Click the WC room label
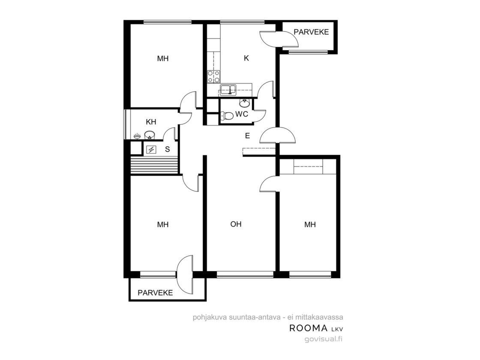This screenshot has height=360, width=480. pyautogui.click(x=242, y=114)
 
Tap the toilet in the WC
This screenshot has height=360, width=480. pyautogui.click(x=227, y=116)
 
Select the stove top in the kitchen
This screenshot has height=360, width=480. pyautogui.click(x=213, y=77)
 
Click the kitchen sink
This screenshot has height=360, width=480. pyautogui.click(x=228, y=90)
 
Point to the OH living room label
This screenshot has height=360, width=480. pyautogui.click(x=236, y=225)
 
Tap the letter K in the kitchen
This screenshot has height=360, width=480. pyautogui.click(x=246, y=58)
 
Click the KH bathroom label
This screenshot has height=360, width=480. pyautogui.click(x=151, y=122)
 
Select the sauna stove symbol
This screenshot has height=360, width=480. pyautogui.click(x=151, y=150)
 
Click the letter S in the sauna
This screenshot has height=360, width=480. pyautogui.click(x=167, y=150)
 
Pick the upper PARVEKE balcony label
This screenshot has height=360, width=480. pyautogui.click(x=311, y=32)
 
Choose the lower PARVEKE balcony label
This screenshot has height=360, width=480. pyautogui.click(x=155, y=293)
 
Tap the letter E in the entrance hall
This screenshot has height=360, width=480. pyautogui.click(x=247, y=135)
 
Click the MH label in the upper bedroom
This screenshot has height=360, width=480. pyautogui.click(x=162, y=58)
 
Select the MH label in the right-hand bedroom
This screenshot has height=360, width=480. pyautogui.click(x=310, y=225)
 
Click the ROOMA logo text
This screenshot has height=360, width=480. pyautogui.click(x=308, y=328)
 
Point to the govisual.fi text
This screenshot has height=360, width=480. pyautogui.click(x=324, y=339)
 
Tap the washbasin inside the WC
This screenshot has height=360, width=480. pyautogui.click(x=244, y=103)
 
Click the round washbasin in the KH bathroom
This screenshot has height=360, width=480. pyautogui.click(x=150, y=135)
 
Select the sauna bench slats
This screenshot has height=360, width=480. pyautogui.click(x=154, y=165)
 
